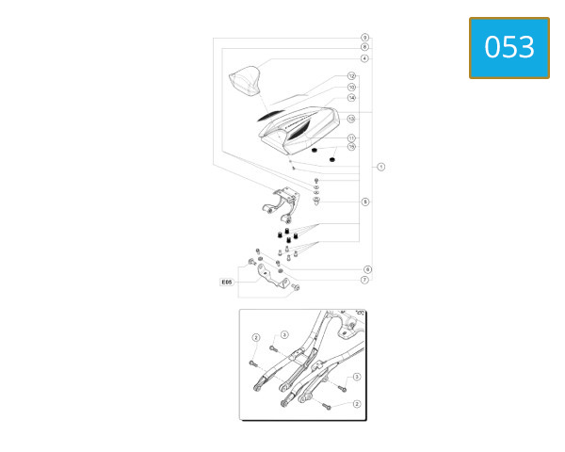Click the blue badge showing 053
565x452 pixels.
click(508, 47)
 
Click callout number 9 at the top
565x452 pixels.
click(364, 38)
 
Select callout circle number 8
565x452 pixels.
click(364, 47)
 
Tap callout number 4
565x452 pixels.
click(364, 58)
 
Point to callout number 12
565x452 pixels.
click(351, 76)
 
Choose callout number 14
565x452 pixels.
click(351, 98)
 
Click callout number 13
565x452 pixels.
click(351, 119)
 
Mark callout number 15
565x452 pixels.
click(351, 147)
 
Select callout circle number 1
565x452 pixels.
click(380, 167)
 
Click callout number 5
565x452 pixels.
click(365, 202)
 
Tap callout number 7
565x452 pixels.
click(364, 280)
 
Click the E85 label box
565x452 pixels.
click(226, 282)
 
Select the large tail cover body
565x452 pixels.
click(301, 127)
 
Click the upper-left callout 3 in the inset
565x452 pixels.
click(284, 334)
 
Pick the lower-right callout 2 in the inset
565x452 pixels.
click(356, 404)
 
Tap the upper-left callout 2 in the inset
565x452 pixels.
click(255, 338)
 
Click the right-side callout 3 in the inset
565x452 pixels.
click(357, 376)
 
